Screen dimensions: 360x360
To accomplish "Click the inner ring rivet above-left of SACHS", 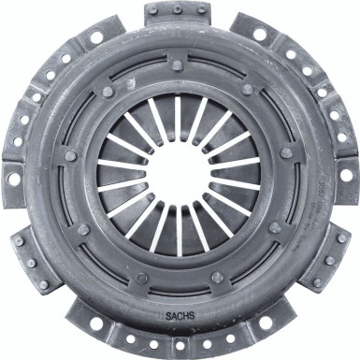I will coord(141,278).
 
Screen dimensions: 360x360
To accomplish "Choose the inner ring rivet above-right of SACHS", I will coord(218,278).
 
